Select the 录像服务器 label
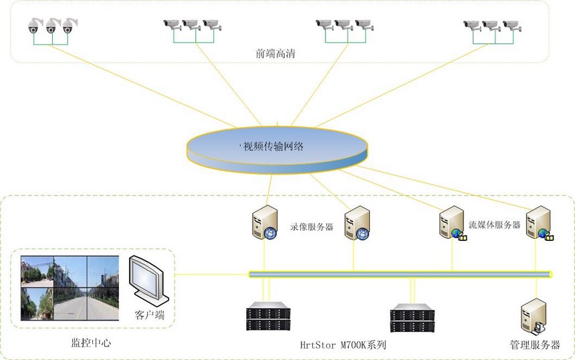click(312, 227)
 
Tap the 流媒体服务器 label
click(494, 225)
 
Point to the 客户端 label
click(149, 314)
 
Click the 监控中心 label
click(91, 343)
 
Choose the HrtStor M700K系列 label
click(344, 345)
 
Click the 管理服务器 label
click(535, 345)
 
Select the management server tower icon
click(533, 317)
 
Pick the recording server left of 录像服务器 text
click(263, 223)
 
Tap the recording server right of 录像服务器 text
click(357, 223)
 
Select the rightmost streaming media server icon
click(538, 223)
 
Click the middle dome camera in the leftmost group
click(51, 26)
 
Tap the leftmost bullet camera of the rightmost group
click(472, 25)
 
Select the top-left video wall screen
click(37, 271)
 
